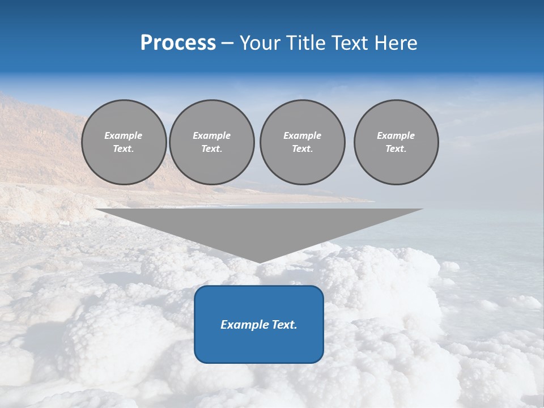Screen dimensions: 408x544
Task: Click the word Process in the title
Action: pyautogui.click(x=178, y=43)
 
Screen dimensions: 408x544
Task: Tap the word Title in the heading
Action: pyautogui.click(x=306, y=43)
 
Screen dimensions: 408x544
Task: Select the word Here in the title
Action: pyautogui.click(x=395, y=43)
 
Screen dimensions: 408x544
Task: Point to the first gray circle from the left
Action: pyautogui.click(x=124, y=142)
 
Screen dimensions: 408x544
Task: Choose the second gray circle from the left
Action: pyautogui.click(x=212, y=142)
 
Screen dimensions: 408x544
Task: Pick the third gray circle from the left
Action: pyautogui.click(x=302, y=142)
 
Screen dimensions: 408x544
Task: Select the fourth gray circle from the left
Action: pyautogui.click(x=396, y=142)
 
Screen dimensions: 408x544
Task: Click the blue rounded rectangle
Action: pyautogui.click(x=259, y=324)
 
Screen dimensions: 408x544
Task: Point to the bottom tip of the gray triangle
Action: pyautogui.click(x=259, y=262)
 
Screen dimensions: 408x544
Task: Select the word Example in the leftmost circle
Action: pyautogui.click(x=124, y=135)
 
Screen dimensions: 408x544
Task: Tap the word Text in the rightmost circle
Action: pyautogui.click(x=396, y=148)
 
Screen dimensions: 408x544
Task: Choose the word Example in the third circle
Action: pyautogui.click(x=302, y=135)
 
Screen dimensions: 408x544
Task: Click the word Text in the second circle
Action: pyautogui.click(x=212, y=148)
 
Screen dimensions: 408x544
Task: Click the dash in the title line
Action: pyautogui.click(x=227, y=44)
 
